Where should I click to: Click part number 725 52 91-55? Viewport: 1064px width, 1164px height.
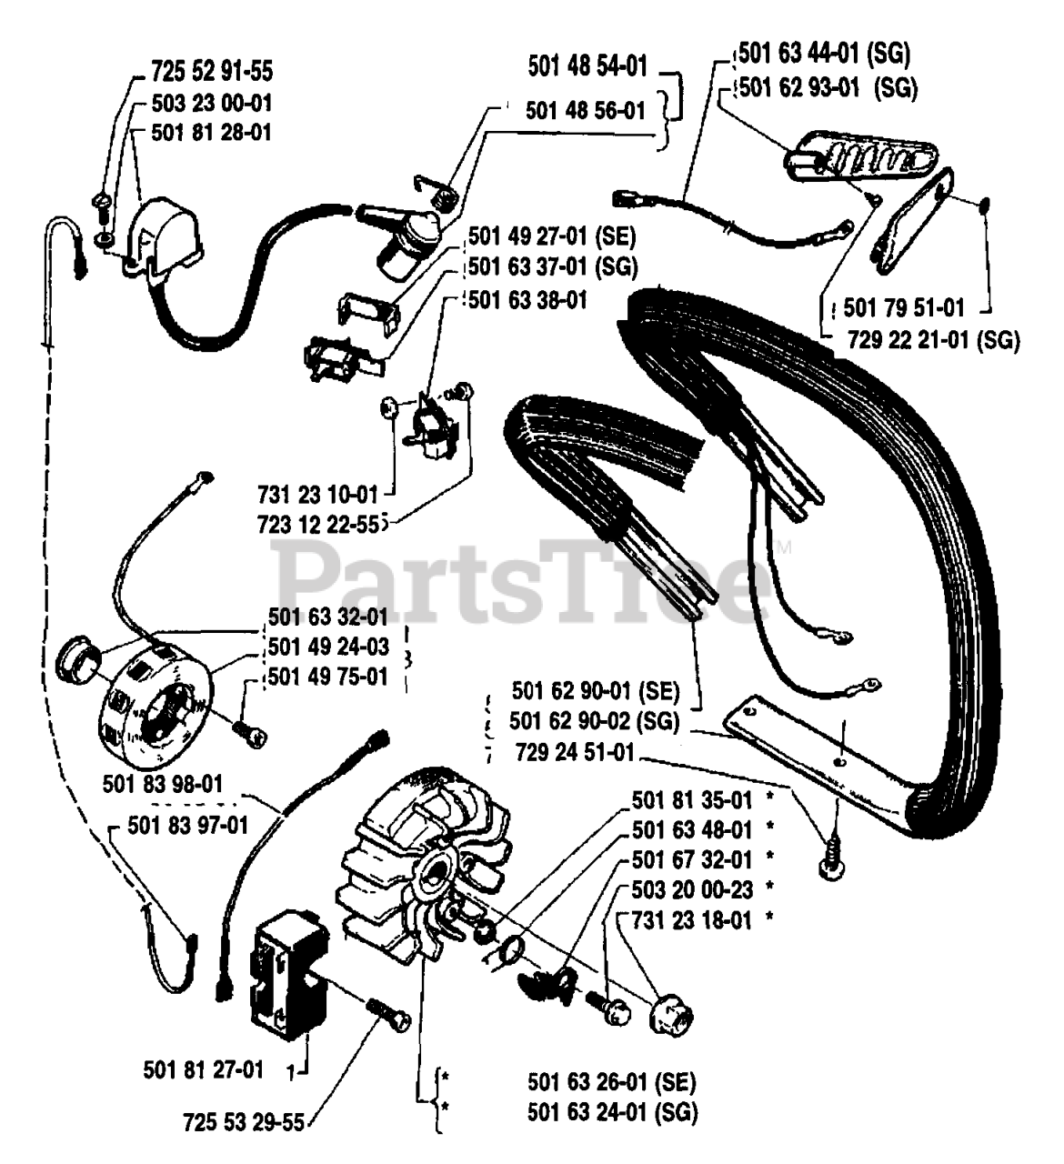click(x=211, y=71)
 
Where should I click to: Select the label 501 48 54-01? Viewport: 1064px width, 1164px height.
click(x=587, y=65)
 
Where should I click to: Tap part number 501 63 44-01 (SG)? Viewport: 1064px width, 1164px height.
click(x=823, y=54)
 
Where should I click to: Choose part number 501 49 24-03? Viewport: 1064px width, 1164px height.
click(x=328, y=647)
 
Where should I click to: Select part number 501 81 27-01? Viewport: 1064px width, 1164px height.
click(x=204, y=1069)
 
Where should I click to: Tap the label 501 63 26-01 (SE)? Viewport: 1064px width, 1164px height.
click(x=611, y=1082)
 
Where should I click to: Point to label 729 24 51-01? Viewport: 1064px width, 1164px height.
click(x=574, y=753)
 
